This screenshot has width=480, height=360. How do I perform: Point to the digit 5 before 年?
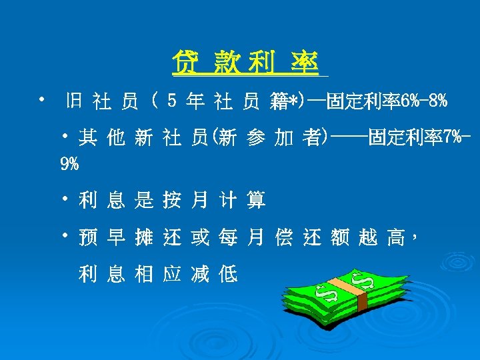pyautogui.click(x=171, y=102)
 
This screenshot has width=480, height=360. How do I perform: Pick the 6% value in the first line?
pyautogui.click(x=409, y=102)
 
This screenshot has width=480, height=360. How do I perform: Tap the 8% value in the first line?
pyautogui.click(x=438, y=102)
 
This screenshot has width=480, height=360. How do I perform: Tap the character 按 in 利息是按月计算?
pyautogui.click(x=171, y=199)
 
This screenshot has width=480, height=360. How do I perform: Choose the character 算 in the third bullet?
pyautogui.click(x=256, y=199)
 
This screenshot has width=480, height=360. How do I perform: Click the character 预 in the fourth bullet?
pyautogui.click(x=87, y=237)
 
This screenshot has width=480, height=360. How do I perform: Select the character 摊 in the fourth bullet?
pyautogui.click(x=143, y=237)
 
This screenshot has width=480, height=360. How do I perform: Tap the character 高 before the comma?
pyautogui.click(x=396, y=237)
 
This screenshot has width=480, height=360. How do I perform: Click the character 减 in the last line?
pyautogui.click(x=199, y=274)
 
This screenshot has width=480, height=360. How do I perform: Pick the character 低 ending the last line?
pyautogui.click(x=228, y=274)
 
